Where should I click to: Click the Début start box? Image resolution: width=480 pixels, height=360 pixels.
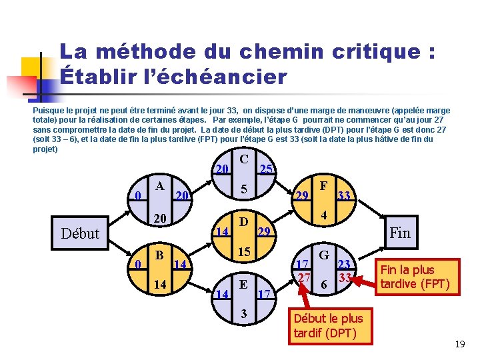[79, 233]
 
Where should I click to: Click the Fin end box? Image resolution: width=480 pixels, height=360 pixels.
[399, 233]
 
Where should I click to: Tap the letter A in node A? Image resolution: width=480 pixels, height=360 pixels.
[159, 187]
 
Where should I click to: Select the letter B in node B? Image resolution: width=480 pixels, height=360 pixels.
[159, 255]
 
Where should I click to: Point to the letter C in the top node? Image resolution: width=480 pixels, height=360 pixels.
[245, 159]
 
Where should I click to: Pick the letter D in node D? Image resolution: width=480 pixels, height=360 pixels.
[244, 221]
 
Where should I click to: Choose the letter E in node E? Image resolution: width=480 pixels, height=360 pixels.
[244, 284]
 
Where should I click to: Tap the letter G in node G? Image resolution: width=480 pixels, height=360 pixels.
[324, 255]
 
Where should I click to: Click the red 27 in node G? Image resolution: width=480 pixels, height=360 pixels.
[304, 277]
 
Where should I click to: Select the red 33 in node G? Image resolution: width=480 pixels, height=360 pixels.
[345, 277]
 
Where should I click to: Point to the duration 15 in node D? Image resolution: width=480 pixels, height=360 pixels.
[244, 253]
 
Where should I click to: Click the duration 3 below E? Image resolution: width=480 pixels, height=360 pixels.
[244, 314]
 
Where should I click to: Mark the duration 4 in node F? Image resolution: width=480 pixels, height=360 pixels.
[323, 216]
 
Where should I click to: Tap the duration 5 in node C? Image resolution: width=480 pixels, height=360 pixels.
[245, 190]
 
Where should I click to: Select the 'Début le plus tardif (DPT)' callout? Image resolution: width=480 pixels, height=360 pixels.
[328, 325]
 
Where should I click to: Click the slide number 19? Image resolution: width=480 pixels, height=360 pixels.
[459, 345]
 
